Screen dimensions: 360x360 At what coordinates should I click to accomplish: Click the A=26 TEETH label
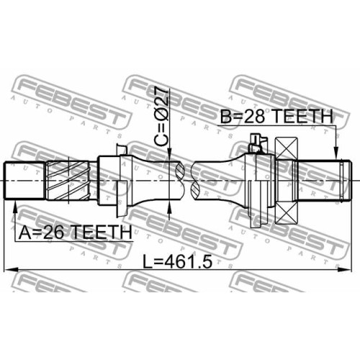pyautogui.click(x=75, y=232)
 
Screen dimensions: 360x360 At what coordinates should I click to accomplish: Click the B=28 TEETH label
pyautogui.click(x=276, y=116)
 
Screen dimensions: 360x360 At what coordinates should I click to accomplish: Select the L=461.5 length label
pyautogui.click(x=178, y=261)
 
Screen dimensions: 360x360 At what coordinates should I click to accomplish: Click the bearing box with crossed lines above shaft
pyautogui.click(x=287, y=148)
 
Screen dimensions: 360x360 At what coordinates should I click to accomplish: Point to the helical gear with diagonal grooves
pyautogui.click(x=68, y=181)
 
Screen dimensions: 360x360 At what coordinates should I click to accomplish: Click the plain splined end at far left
pyautogui.click(x=24, y=181)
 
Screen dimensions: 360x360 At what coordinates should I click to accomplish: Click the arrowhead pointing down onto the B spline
pyautogui.click(x=337, y=153)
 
